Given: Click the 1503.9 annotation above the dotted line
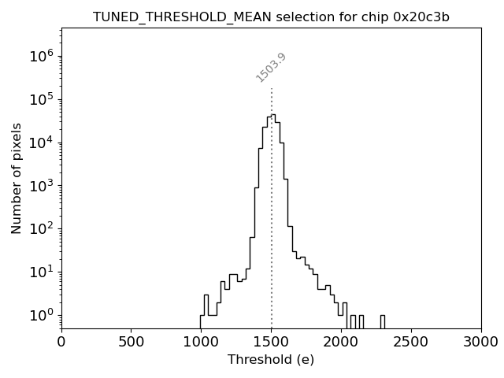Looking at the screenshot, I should coord(271,68).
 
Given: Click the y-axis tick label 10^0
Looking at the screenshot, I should coord(41,315).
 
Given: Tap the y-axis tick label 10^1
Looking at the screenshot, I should coord(41,272).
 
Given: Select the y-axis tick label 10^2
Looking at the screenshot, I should coord(41,228).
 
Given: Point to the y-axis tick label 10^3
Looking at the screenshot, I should coord(41,185).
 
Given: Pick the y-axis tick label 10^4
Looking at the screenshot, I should coord(41,143).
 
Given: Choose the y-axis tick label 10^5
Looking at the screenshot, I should coord(41,99).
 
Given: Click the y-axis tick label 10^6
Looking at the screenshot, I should coord(41,56).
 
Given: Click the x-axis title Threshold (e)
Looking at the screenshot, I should coord(271,360).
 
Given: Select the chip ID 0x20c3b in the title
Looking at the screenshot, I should coord(423,17).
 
